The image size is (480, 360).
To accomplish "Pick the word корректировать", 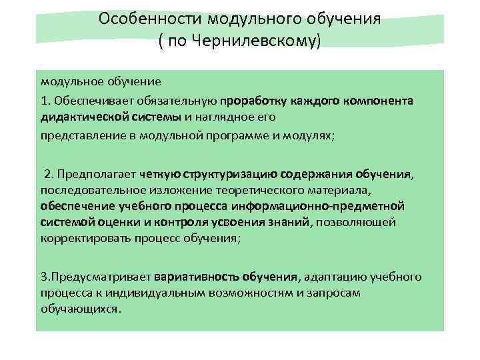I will (x=83, y=237).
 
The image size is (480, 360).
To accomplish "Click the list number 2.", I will (x=47, y=175).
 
